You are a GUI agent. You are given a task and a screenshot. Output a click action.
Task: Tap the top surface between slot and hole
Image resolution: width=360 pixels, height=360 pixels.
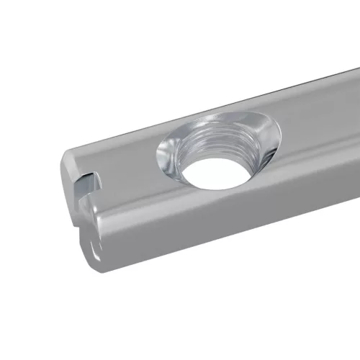pos(122,162)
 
